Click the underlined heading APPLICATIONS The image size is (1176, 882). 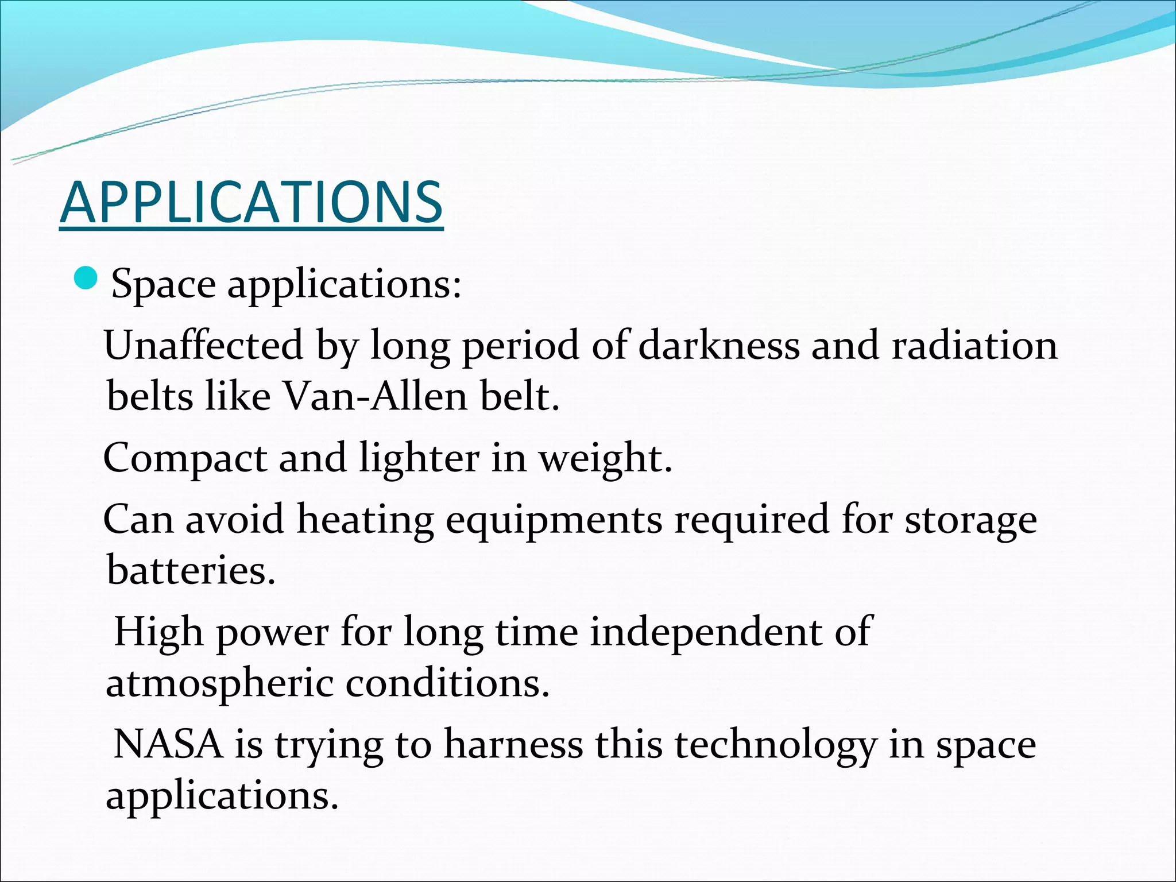(x=251, y=202)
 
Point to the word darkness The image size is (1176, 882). (x=718, y=345)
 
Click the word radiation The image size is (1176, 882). (x=974, y=345)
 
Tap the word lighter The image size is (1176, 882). (x=419, y=458)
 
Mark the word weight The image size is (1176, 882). (x=605, y=458)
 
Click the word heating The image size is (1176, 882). (x=365, y=520)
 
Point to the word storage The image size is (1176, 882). (x=971, y=520)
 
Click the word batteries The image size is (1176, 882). (x=191, y=570)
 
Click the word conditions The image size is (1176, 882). (x=447, y=683)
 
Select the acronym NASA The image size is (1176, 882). (x=168, y=744)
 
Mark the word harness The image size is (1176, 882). (x=513, y=744)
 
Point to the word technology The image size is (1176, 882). (x=775, y=744)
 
